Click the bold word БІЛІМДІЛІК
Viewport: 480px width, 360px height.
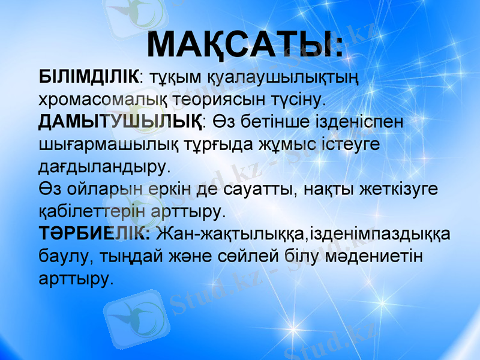88,76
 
